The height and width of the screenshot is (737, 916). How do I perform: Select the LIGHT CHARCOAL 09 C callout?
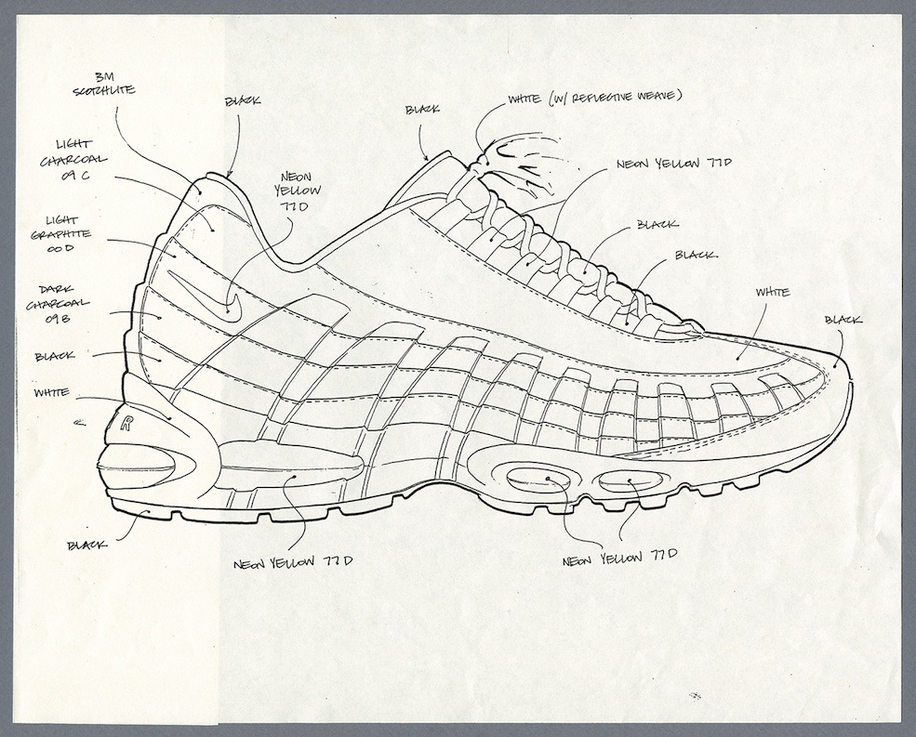click(x=86, y=161)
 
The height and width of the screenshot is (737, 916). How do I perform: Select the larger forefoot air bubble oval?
click(x=547, y=480)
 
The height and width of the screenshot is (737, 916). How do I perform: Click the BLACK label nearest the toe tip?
click(x=843, y=321)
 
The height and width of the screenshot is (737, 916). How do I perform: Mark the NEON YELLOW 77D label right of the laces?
click(x=673, y=164)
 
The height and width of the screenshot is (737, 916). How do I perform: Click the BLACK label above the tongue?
click(x=424, y=110)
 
